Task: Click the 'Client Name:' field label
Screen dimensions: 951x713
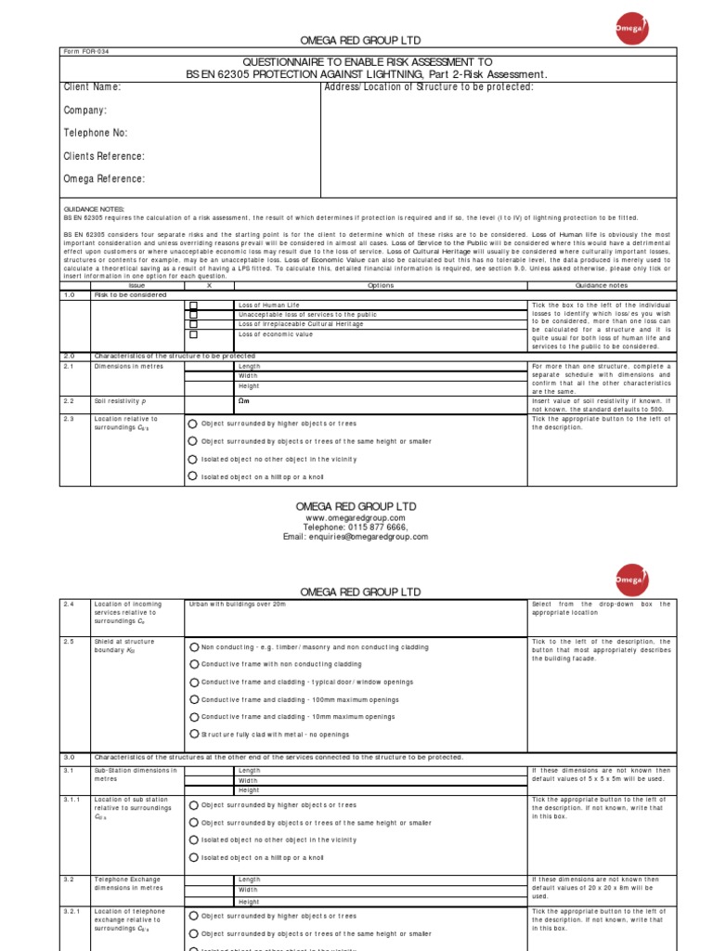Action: [92, 87]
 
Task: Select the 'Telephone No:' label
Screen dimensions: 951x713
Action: [96, 133]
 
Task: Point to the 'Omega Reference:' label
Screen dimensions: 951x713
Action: [104, 179]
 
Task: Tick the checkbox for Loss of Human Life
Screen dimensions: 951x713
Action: [194, 306]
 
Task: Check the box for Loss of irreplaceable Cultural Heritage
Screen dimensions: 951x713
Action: [194, 324]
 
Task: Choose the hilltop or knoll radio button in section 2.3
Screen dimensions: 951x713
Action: [193, 475]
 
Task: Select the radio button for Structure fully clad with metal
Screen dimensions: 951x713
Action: [193, 734]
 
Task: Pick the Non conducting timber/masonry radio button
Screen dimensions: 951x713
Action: [193, 646]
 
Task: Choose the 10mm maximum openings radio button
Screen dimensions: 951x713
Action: [193, 717]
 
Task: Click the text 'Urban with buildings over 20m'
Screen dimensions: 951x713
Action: [237, 604]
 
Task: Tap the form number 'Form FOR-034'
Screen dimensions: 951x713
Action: [85, 53]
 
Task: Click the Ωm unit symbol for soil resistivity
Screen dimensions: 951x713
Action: [245, 401]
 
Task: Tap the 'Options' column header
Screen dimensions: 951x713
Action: [381, 286]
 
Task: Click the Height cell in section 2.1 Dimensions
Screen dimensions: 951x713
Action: [249, 385]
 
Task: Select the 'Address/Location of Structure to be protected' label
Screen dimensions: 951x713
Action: [429, 87]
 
